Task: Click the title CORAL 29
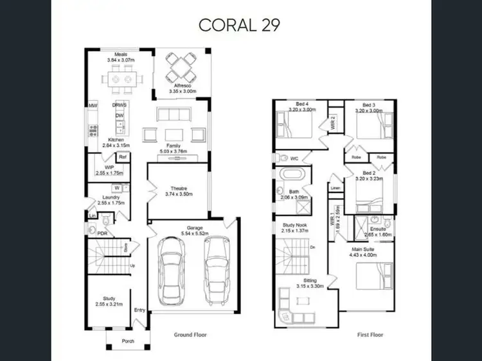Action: pos(240,25)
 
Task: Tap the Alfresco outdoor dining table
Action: pos(181,65)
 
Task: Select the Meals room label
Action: pos(120,55)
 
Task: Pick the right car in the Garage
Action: pos(217,269)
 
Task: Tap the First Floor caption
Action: pos(371,335)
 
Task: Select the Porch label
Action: pos(128,340)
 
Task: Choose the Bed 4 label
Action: pos(292,105)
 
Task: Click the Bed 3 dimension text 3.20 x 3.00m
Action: pos(368,111)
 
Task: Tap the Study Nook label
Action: pos(294,225)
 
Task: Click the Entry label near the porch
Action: pos(139,311)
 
